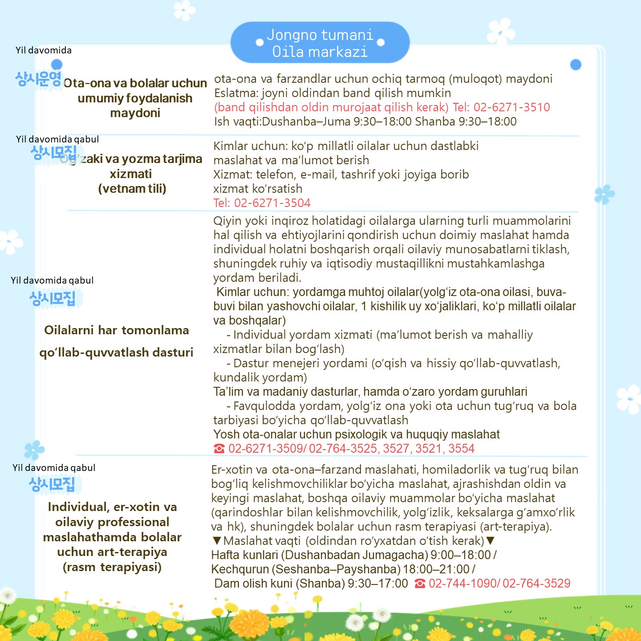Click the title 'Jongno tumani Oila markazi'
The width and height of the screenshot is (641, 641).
320,43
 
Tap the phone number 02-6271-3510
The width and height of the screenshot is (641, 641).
511,107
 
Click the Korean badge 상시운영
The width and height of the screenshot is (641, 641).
38,79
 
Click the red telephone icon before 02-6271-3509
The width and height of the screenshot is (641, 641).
219,449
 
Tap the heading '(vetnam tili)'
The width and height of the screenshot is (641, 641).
132,189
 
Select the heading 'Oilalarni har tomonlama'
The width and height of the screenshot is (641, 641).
117,330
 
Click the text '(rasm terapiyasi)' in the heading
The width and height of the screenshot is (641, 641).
112,567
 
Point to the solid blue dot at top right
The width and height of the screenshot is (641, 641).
576,65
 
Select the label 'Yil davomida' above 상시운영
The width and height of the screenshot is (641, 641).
44,50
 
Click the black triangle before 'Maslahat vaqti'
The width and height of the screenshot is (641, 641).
217,541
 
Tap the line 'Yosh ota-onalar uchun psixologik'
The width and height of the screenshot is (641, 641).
356,434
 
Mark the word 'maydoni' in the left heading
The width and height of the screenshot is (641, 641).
135,113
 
